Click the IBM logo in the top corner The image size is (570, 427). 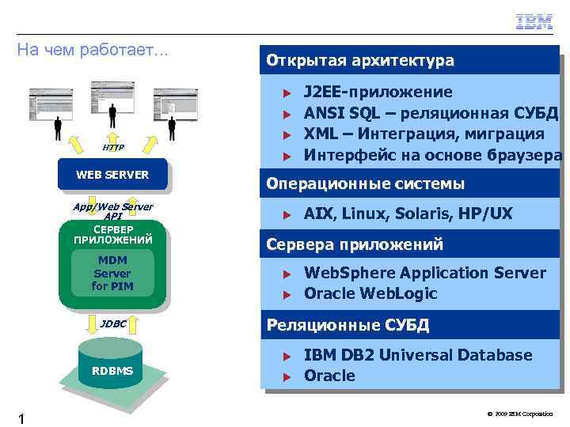[x=534, y=22]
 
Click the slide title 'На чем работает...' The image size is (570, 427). [x=93, y=50]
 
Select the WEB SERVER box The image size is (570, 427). [x=112, y=175]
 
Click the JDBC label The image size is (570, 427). [x=113, y=323]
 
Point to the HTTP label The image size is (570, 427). [x=113, y=147]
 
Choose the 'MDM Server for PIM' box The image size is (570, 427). [x=112, y=273]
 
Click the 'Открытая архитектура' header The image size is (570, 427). [x=360, y=60]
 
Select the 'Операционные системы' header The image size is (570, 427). [x=366, y=184]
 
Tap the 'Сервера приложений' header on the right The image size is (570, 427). [x=355, y=244]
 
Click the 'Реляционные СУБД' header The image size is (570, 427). [x=348, y=325]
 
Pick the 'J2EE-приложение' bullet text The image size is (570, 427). [x=378, y=93]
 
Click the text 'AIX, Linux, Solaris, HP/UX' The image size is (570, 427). [x=408, y=213]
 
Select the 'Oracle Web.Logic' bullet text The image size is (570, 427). [x=370, y=293]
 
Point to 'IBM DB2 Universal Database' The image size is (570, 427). [x=418, y=355]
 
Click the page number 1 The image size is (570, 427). [x=22, y=418]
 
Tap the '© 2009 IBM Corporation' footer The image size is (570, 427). [x=520, y=414]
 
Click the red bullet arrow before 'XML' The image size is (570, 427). [x=290, y=134]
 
